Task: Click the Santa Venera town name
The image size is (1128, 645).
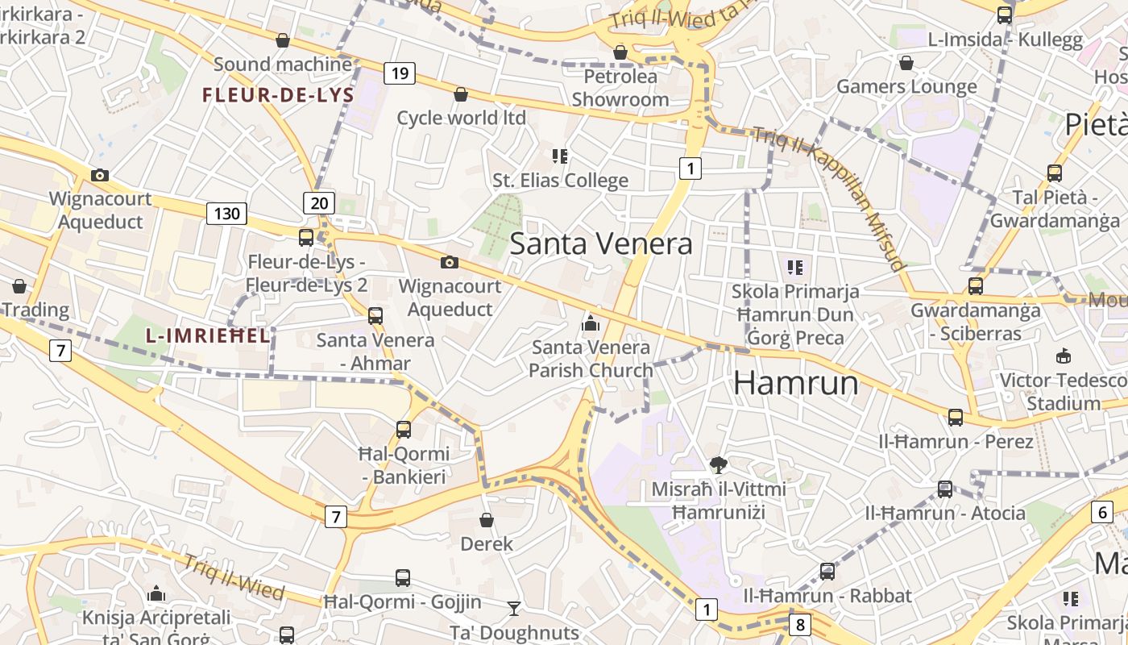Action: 601,243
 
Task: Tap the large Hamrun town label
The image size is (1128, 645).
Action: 795,383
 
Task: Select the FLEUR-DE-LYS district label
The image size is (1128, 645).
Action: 278,95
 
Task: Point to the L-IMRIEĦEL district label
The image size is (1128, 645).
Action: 208,336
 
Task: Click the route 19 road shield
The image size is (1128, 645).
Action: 399,74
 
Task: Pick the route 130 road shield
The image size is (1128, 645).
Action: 226,214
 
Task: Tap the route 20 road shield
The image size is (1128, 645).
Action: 319,203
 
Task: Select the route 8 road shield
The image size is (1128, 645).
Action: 799,624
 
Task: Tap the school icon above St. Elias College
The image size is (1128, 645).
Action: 560,156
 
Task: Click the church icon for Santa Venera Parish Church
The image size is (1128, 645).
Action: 591,323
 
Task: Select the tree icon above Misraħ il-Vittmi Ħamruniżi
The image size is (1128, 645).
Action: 718,464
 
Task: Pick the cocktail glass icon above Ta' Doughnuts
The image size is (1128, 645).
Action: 514,608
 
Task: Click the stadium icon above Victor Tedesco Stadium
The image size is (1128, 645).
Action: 1064,356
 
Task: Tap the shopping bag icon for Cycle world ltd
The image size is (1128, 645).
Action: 461,94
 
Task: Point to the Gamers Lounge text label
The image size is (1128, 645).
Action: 906,86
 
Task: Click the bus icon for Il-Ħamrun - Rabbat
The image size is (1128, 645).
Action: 827,572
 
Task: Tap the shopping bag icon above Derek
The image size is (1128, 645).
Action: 486,520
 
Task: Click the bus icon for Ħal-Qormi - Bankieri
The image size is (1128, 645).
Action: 404,430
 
